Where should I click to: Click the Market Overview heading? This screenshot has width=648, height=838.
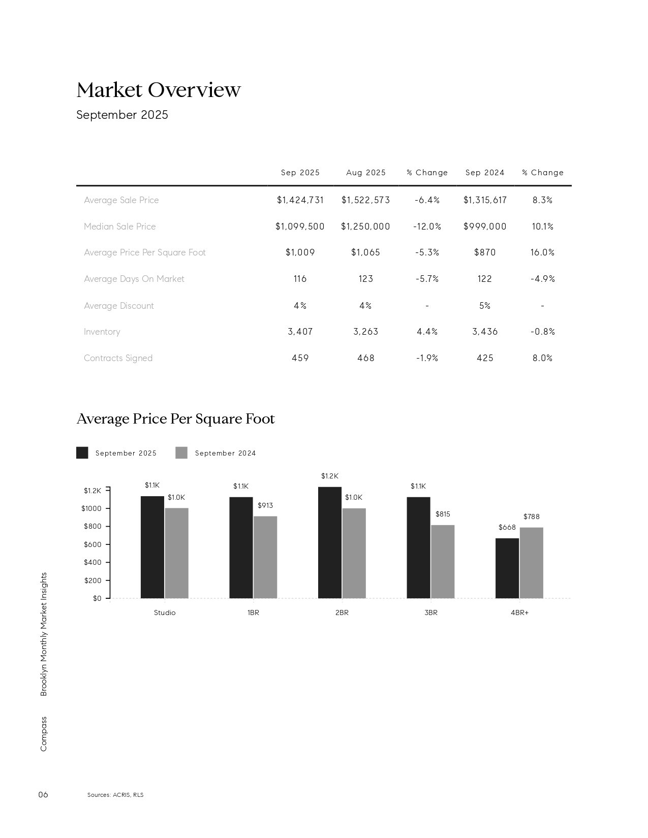[158, 90]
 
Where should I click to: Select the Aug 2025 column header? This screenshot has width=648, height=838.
[365, 173]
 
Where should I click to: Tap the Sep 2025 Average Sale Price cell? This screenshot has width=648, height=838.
[300, 200]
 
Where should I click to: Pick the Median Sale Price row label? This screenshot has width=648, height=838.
[119, 227]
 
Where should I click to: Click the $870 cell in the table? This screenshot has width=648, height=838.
[484, 252]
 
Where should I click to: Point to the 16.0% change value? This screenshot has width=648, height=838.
[542, 252]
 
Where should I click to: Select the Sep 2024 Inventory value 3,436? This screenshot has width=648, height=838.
[484, 332]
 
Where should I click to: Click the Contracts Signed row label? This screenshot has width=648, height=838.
[118, 358]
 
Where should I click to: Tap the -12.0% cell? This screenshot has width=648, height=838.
[427, 227]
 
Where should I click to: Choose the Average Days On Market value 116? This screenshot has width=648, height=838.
[300, 279]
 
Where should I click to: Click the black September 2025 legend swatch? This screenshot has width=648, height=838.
[82, 453]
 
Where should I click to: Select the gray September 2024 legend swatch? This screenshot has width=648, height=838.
[181, 453]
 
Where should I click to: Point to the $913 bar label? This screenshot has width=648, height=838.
[265, 505]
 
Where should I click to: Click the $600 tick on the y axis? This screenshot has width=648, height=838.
[92, 544]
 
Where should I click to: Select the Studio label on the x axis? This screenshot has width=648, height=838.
[165, 613]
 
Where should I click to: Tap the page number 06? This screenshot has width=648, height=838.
[43, 795]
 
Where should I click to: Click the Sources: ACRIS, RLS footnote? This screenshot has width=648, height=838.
[115, 795]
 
